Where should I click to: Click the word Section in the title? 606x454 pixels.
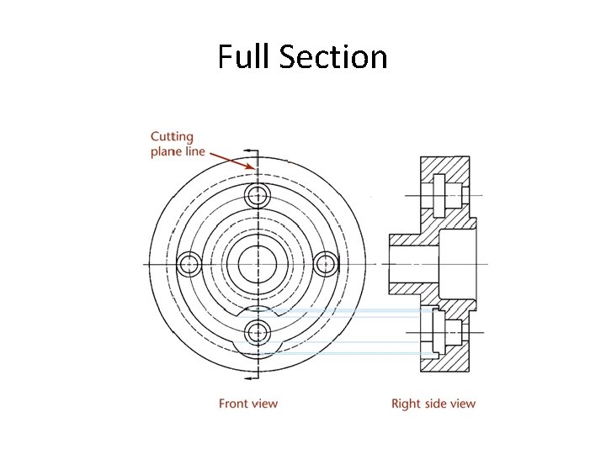333,57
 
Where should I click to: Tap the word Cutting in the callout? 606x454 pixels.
172,136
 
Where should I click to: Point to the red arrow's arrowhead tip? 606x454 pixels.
252,168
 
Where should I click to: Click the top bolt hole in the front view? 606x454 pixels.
258,196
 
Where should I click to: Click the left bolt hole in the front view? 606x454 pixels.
189,264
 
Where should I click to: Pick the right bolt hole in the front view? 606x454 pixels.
326,264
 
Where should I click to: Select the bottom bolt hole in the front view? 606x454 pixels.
258,331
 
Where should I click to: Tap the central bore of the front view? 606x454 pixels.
258,264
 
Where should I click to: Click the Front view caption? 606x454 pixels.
248,404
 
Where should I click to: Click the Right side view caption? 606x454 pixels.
433,404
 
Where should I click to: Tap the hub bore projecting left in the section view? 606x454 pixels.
412,264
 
